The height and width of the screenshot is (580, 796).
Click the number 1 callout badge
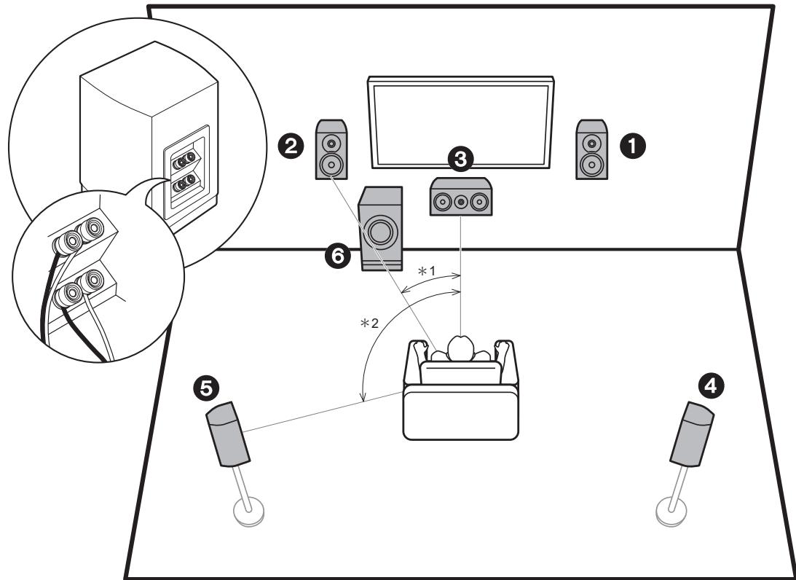click(x=632, y=146)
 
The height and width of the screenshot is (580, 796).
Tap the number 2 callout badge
click(x=291, y=146)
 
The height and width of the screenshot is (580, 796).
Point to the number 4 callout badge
click(x=711, y=386)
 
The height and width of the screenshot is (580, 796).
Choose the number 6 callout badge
click(x=338, y=256)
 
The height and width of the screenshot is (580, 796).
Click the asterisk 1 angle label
click(x=427, y=271)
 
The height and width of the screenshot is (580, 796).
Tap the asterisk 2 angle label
click(x=369, y=323)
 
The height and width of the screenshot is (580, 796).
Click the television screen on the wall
click(x=460, y=122)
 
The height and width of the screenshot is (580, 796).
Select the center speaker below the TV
click(x=461, y=197)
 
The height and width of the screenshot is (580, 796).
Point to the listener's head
click(x=460, y=348)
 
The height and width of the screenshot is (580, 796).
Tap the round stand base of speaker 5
click(x=249, y=512)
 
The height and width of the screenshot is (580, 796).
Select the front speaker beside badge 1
click(x=591, y=149)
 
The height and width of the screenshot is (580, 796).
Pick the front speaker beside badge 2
click(x=332, y=149)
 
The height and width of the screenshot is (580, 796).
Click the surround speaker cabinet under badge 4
click(x=692, y=434)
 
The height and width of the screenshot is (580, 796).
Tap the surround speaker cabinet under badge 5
click(x=228, y=434)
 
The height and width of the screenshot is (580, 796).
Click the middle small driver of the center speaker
click(x=460, y=202)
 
